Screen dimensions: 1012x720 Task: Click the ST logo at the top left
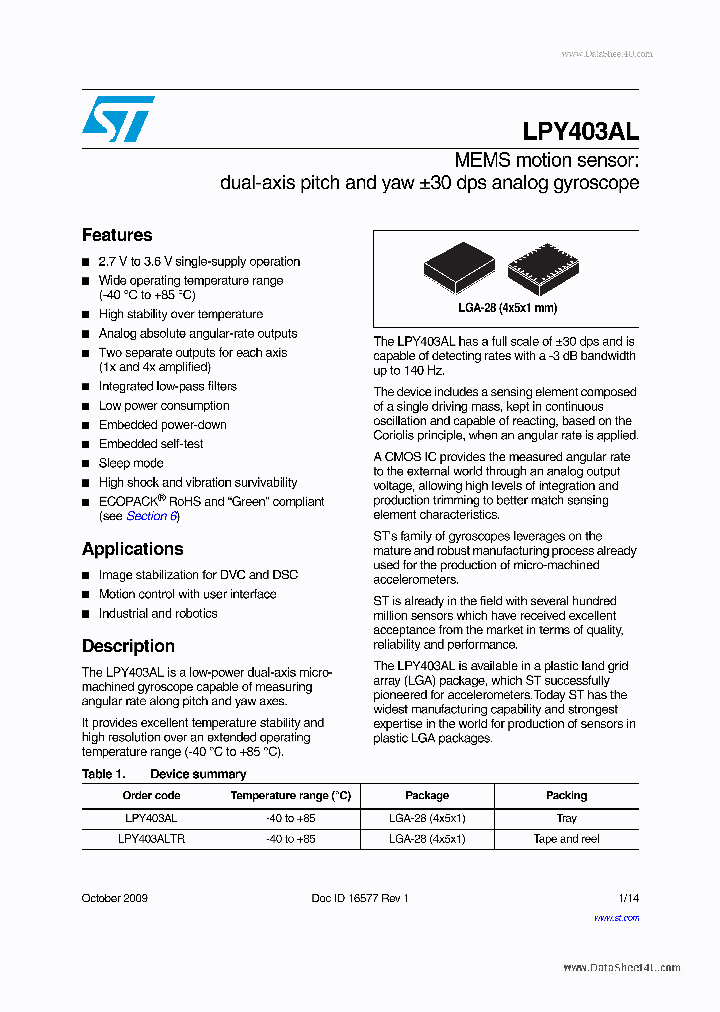118,119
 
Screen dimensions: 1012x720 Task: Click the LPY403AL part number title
580,131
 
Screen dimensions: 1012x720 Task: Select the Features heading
117,235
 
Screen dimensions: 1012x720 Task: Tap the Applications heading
132,549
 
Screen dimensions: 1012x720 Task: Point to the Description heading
128,646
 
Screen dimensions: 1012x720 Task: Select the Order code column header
151,795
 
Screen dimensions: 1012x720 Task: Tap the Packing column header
566,795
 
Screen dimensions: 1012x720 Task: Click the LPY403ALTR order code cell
151,839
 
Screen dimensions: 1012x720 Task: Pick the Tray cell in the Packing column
566,818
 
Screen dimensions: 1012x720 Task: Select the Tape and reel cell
566,839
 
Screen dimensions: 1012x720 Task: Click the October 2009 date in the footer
114,898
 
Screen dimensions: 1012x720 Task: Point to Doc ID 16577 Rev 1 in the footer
360,898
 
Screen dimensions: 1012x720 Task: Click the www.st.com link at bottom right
616,918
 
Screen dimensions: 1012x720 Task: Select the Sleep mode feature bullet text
131,463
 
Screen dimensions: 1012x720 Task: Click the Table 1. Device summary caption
164,774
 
